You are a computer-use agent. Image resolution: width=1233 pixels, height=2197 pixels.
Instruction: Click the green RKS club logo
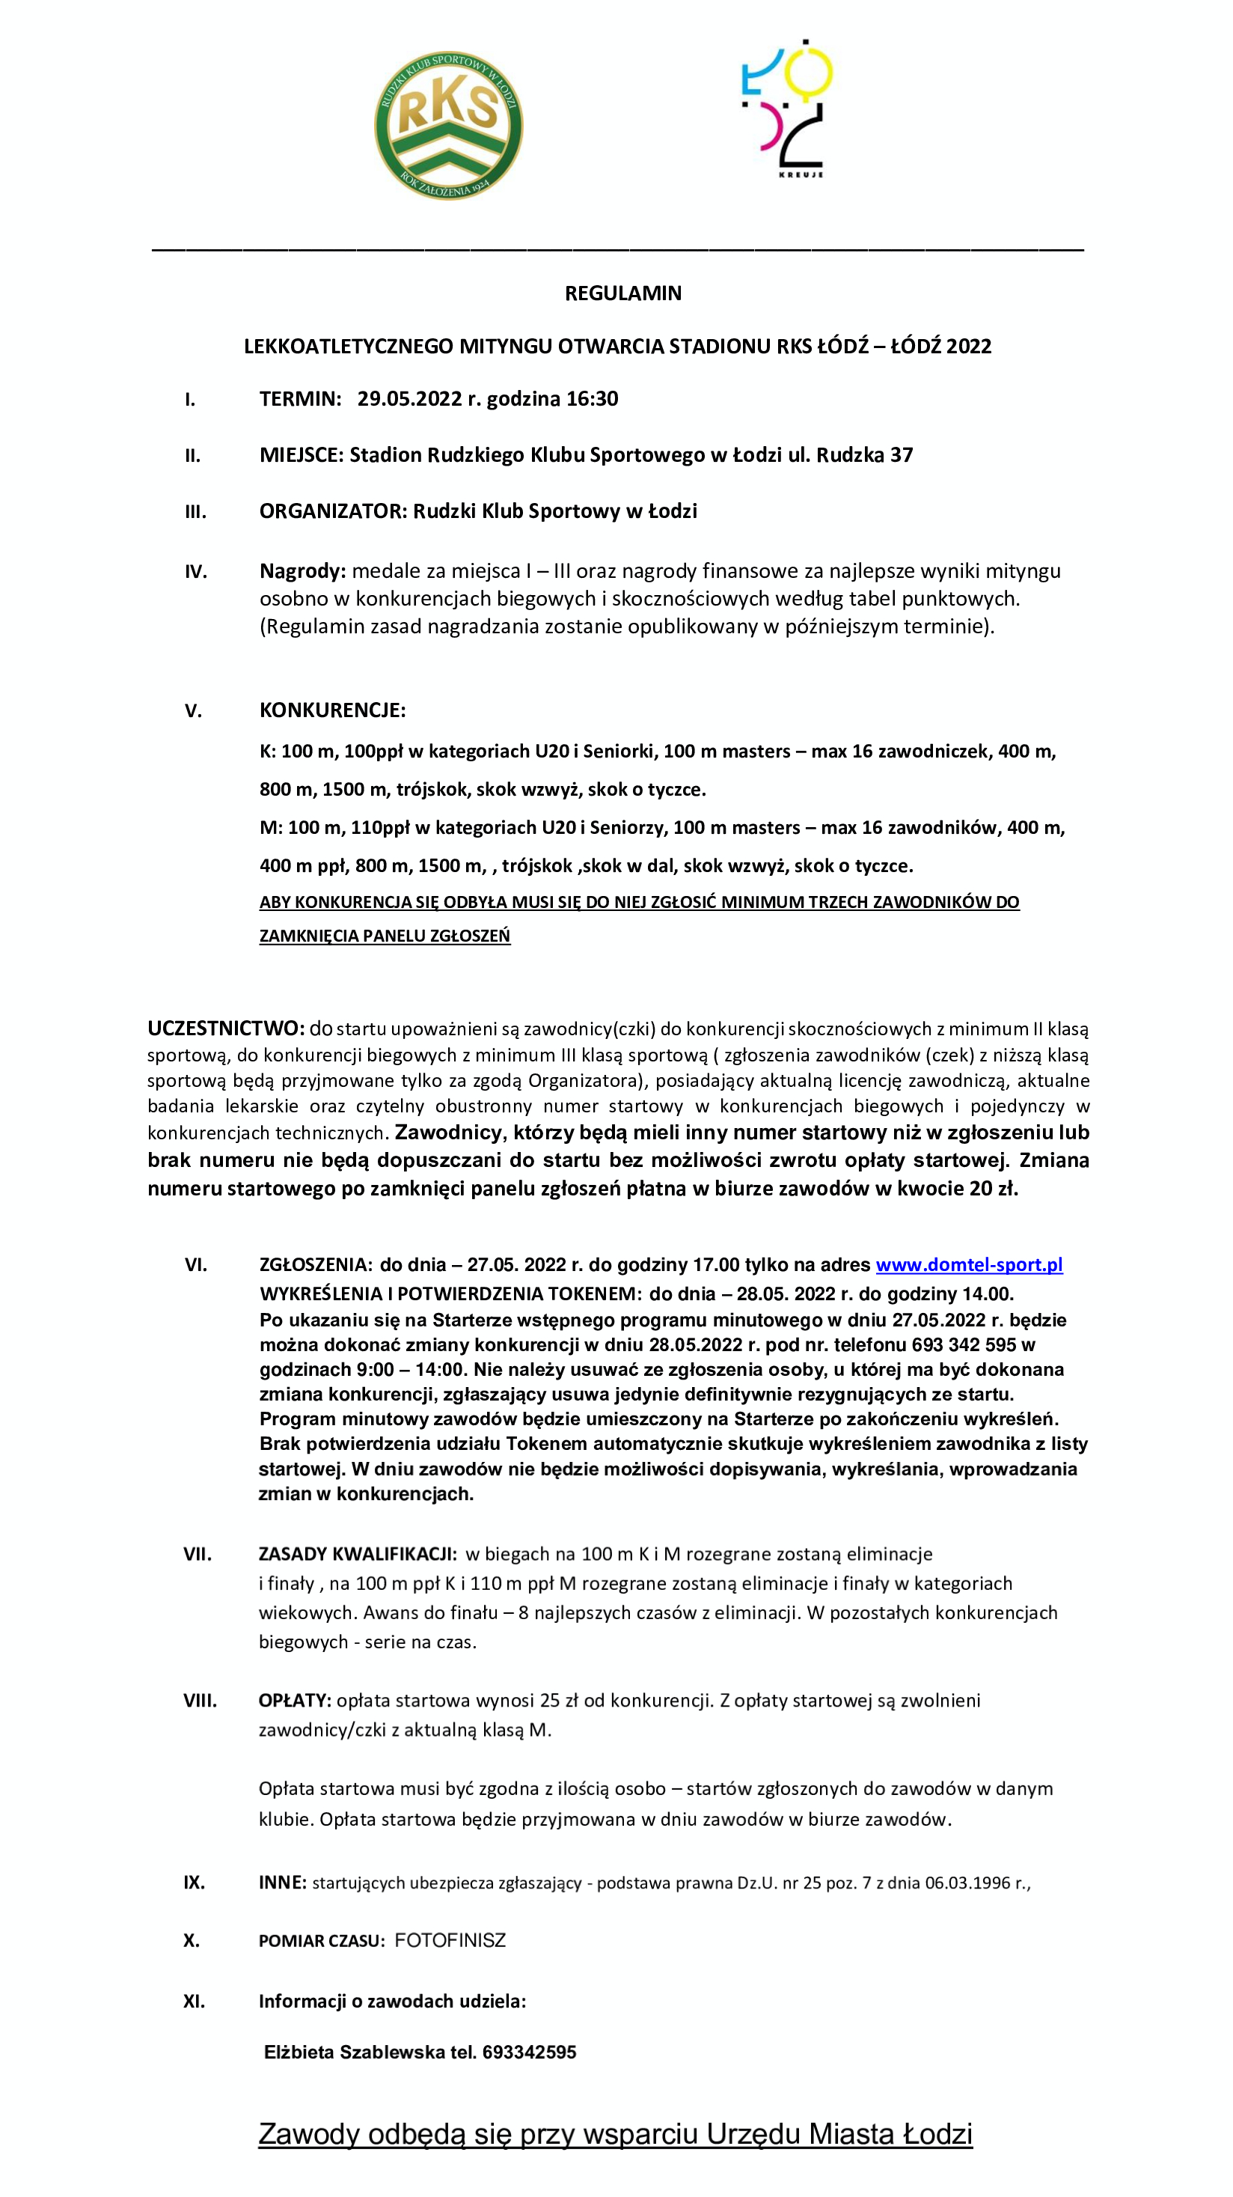pos(448,127)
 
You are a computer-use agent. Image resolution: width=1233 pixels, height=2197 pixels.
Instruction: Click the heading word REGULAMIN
pos(622,293)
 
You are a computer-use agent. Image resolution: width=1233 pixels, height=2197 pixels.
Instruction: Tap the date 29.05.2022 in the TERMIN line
pos(409,399)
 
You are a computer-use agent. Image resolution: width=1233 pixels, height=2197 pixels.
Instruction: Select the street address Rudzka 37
pos(864,455)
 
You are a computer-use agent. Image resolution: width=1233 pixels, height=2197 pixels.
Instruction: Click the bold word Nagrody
pos(302,571)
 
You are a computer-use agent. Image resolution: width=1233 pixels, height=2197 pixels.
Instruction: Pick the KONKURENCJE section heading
pos(332,710)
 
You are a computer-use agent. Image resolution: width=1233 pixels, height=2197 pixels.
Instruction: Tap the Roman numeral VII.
pos(197,1554)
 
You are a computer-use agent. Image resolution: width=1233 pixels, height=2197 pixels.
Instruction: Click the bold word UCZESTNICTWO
pos(225,1029)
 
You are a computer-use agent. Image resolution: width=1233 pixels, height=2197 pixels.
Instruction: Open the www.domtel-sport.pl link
pos(969,1265)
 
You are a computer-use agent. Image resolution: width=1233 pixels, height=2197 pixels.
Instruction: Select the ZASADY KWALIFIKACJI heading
pos(358,1554)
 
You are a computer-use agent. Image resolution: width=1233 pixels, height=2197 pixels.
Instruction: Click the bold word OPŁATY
pos(294,1701)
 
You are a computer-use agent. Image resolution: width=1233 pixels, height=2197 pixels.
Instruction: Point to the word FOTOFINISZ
pos(450,1941)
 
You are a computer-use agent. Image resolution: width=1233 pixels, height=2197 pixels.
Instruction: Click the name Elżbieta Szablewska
pos(355,2053)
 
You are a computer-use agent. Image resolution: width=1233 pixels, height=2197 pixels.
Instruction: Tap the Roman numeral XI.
pos(194,2002)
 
